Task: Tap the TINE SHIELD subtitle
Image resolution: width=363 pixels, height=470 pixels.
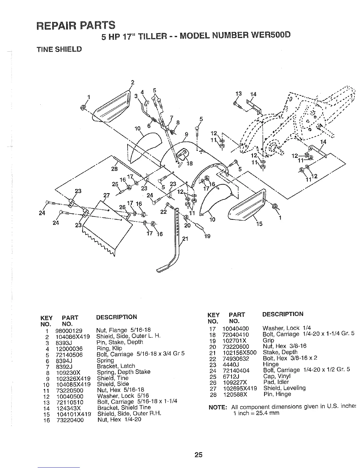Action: point(59,49)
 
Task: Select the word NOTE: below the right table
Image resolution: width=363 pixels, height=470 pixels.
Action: point(218,407)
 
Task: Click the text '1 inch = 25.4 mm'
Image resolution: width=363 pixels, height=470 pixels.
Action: point(256,413)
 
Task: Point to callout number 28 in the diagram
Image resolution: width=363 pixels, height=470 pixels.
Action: point(114,169)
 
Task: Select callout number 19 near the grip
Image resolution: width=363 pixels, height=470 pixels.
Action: point(207,236)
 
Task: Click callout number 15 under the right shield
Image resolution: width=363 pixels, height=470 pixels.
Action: point(259,224)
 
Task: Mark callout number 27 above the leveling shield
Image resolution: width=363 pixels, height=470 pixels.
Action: point(106,196)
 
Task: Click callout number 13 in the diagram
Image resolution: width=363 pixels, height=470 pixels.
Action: point(238,94)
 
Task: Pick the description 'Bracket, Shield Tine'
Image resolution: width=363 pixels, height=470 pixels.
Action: point(124,408)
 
